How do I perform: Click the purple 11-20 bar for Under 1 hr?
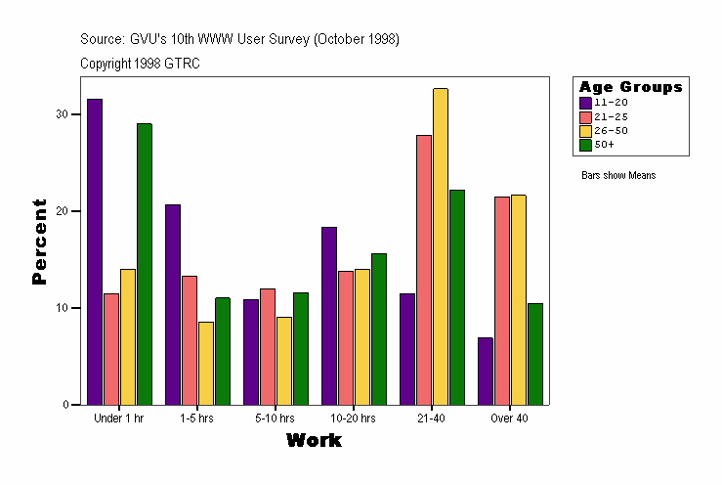(x=95, y=251)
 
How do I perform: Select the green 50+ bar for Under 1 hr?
(x=145, y=264)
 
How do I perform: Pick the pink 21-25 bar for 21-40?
(x=424, y=270)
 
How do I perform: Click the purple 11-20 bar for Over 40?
(x=486, y=371)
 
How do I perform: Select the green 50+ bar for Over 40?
(x=535, y=354)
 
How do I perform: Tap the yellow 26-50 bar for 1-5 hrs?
(x=206, y=363)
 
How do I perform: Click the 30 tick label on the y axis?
(x=63, y=114)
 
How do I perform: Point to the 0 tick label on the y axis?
(x=65, y=405)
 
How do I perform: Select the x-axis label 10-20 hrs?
(x=353, y=419)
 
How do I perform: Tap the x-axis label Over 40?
(x=510, y=419)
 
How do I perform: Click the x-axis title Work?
(x=314, y=441)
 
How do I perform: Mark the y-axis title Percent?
(x=39, y=242)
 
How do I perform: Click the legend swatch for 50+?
(x=585, y=145)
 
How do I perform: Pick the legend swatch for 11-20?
(x=585, y=102)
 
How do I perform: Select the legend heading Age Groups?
(x=630, y=87)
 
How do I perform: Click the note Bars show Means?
(x=618, y=175)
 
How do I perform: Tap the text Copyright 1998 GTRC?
(x=141, y=63)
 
